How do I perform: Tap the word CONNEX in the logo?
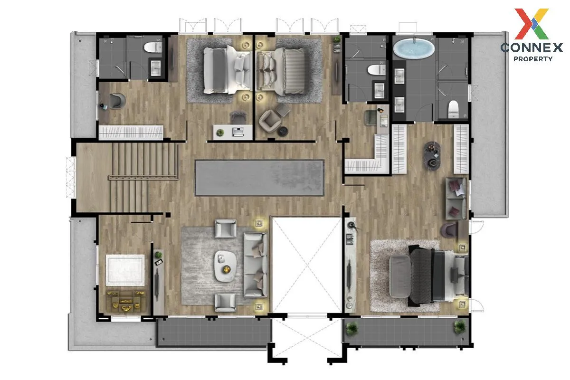coord(532,47)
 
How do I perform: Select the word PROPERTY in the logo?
coord(533,59)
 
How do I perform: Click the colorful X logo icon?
coord(532,24)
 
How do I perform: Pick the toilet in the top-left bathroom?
coord(153,47)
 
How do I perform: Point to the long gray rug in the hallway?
coord(259,178)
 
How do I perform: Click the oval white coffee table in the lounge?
coord(226,266)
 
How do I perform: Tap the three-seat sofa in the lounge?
coord(256,265)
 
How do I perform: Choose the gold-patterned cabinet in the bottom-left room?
coord(126,302)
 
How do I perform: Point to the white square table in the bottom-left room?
coord(125,270)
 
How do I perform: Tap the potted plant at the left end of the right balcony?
coord(352,328)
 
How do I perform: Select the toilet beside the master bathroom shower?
coord(453,109)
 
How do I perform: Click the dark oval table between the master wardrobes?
coord(432,155)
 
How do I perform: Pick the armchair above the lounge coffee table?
coord(226,228)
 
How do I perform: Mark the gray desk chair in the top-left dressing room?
coord(117,101)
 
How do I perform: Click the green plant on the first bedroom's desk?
coord(220,133)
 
